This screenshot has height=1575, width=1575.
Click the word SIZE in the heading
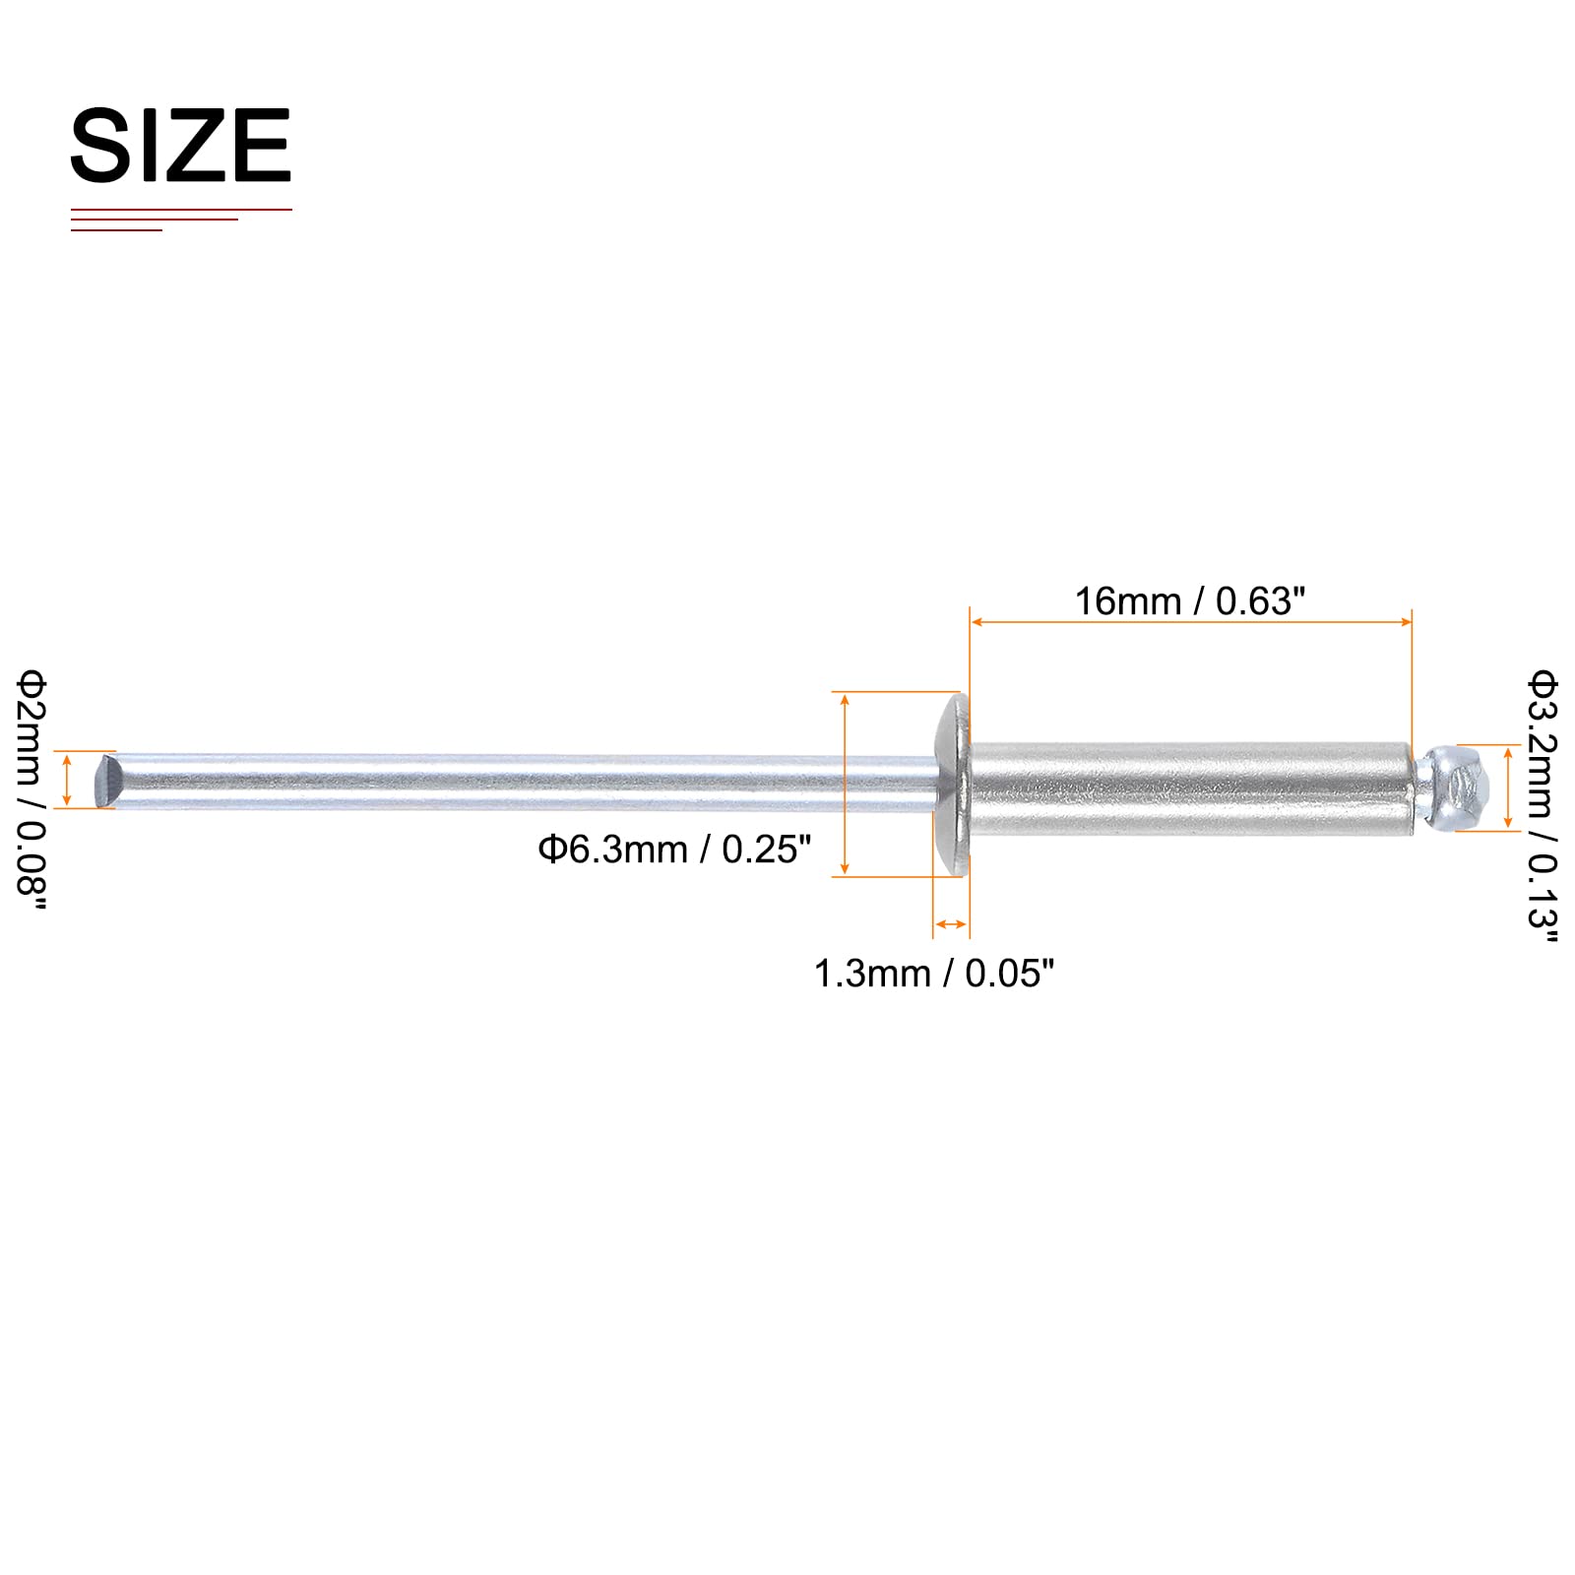coord(181,146)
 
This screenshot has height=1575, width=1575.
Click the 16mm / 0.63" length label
coord(1190,600)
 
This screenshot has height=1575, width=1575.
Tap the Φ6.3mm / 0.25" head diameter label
coord(674,850)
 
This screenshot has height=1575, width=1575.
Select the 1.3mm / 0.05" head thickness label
coord(934,974)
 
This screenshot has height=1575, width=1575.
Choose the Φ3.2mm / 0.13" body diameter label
coord(1543,806)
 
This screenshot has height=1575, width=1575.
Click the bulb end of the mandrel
coord(1453,787)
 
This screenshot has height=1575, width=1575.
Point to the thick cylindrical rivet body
coord(1191,789)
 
